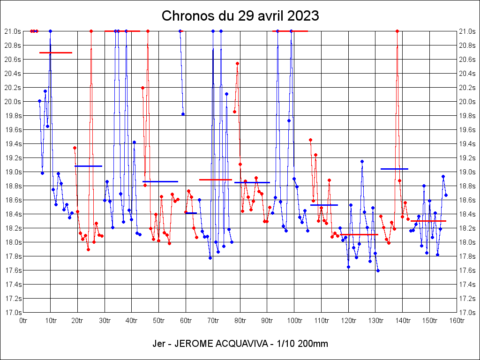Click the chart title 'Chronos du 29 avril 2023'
tap(240, 16)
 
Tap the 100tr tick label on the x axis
tap(294, 321)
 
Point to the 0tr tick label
tap(23, 321)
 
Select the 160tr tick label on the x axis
tap(457, 321)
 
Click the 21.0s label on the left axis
tap(13, 31)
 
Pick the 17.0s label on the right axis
tap(467, 313)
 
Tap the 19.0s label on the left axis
tap(13, 172)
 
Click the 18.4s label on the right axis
tap(467, 214)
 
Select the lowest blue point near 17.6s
tap(378, 270)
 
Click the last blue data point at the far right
tap(446, 195)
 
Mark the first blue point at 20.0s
tap(39, 101)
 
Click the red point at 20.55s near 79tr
tap(237, 63)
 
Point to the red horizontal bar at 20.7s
tap(56, 52)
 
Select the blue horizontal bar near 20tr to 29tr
tap(88, 166)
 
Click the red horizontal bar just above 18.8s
tap(216, 180)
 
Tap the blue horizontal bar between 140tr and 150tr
tap(394, 169)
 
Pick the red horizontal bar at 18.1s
tap(359, 234)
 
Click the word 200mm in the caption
tap(314, 344)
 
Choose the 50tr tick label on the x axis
tap(159, 321)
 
